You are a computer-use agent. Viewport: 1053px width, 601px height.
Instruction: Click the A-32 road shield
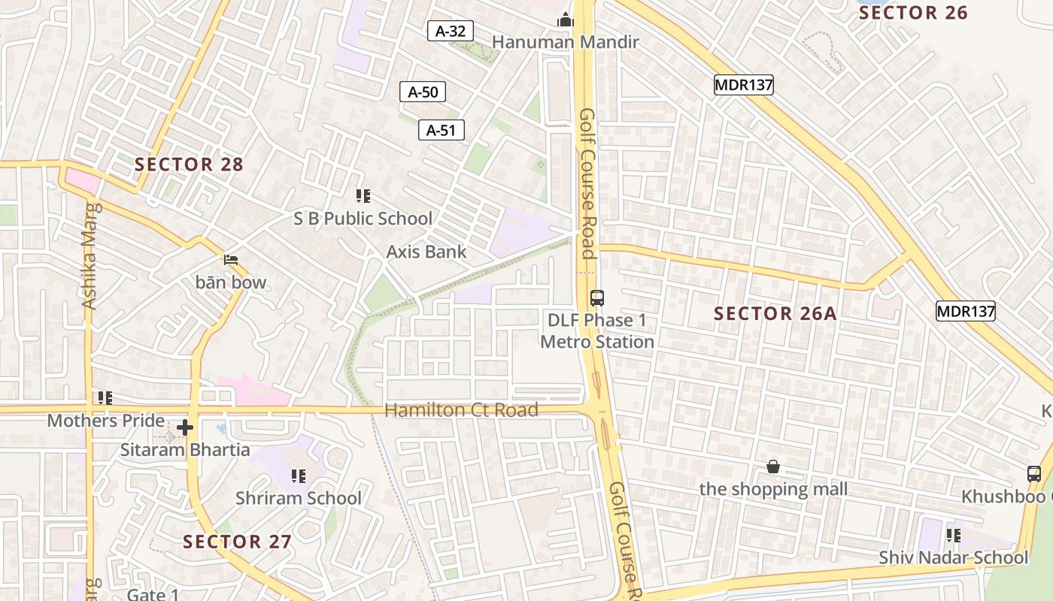(x=451, y=31)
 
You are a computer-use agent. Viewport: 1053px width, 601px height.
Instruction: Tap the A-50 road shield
(x=422, y=92)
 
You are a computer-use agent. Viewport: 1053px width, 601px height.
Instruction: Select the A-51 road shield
(x=442, y=130)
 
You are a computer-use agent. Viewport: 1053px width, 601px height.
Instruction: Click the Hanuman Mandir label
(x=566, y=42)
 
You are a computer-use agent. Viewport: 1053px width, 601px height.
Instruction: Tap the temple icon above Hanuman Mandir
(x=566, y=20)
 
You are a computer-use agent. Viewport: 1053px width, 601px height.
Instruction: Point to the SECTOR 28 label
(x=189, y=165)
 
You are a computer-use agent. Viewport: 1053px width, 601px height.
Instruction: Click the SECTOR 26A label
(x=775, y=313)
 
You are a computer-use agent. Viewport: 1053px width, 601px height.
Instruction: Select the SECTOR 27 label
(x=237, y=541)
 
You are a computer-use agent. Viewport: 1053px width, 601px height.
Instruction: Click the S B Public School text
(x=363, y=219)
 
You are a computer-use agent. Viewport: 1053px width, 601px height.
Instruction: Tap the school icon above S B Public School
(x=363, y=196)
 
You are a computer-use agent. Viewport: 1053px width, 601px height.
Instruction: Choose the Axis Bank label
(x=426, y=252)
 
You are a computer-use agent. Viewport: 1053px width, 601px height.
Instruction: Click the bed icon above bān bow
(x=231, y=260)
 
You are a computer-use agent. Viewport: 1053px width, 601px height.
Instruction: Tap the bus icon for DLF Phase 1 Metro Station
(x=596, y=298)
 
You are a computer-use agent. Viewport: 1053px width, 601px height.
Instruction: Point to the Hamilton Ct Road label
(x=461, y=410)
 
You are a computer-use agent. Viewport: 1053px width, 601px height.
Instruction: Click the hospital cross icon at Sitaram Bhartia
(x=185, y=428)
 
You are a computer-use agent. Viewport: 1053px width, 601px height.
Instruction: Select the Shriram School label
(x=299, y=498)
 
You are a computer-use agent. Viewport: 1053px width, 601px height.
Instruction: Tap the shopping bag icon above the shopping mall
(x=772, y=467)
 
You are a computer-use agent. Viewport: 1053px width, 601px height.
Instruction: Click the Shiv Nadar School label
(x=953, y=557)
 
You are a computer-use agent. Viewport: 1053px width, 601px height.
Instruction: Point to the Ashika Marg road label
(x=90, y=255)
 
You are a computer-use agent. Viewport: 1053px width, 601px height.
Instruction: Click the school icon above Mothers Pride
(x=105, y=397)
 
